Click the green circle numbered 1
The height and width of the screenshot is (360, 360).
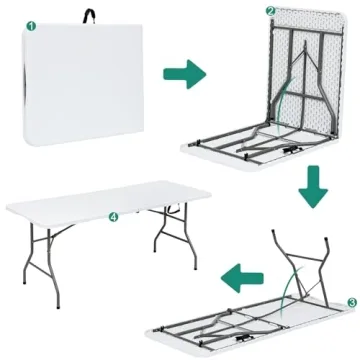(32, 26)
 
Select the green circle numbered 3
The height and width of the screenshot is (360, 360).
(351, 302)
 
